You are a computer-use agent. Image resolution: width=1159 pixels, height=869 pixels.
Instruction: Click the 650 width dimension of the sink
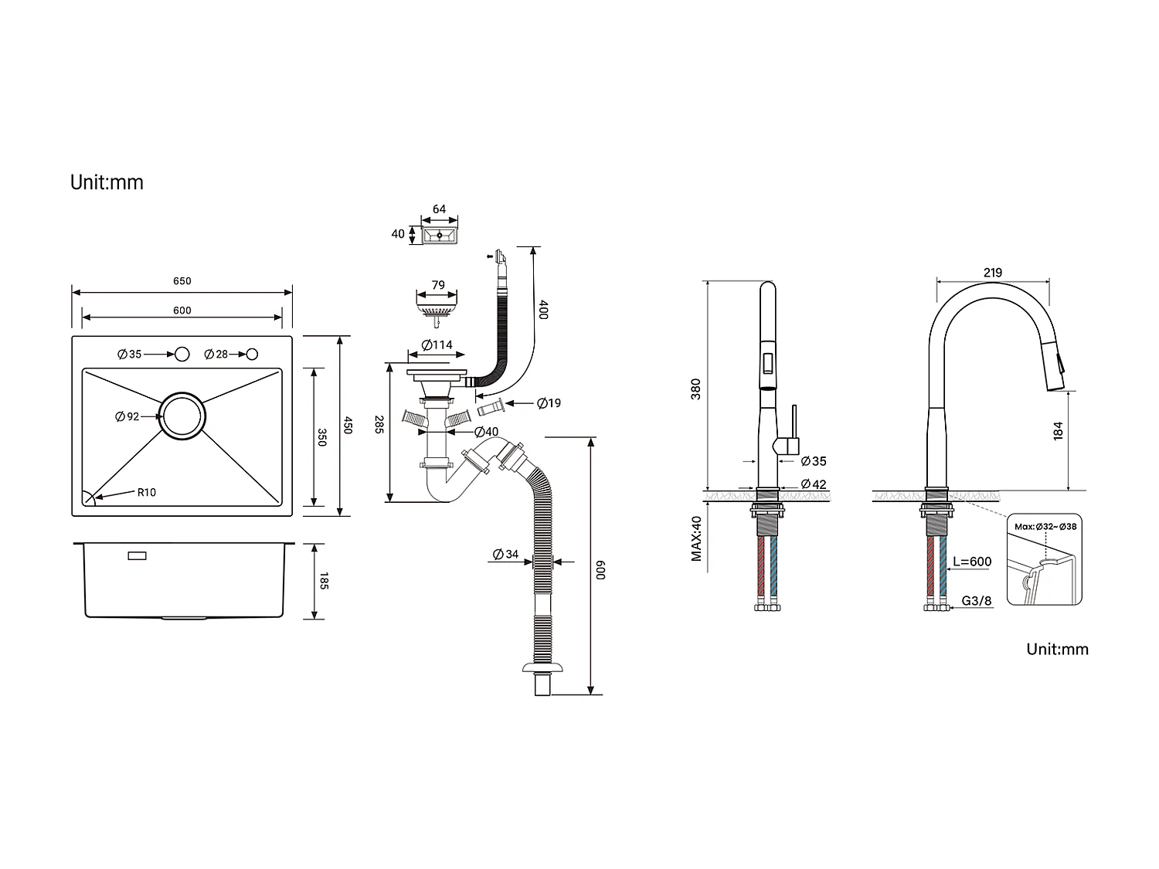point(182,281)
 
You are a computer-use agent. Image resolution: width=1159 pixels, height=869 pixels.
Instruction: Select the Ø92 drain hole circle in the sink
point(183,416)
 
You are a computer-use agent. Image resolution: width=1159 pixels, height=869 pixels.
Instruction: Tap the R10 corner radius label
point(146,492)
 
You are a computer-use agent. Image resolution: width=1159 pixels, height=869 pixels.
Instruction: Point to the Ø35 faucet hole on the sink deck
point(182,354)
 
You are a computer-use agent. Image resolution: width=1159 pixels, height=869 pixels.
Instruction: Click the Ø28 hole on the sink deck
point(252,354)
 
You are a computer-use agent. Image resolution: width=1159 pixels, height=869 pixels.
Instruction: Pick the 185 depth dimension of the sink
point(324,581)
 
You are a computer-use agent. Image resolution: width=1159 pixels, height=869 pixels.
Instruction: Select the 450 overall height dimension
point(348,426)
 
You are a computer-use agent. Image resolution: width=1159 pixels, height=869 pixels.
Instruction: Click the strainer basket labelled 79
point(437,310)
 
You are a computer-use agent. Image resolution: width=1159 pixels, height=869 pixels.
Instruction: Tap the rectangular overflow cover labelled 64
point(440,234)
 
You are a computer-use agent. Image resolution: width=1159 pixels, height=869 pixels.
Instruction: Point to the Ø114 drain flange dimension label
point(437,345)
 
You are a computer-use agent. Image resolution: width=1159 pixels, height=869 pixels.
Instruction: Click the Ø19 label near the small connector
point(549,403)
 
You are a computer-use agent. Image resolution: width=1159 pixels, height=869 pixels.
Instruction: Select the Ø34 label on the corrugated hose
point(506,554)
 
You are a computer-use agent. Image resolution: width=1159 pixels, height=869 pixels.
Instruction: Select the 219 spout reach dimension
point(993,273)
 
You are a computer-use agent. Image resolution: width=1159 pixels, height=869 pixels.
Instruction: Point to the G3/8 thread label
point(977,601)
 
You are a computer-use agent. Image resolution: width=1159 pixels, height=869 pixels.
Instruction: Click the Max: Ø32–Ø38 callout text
point(1045,527)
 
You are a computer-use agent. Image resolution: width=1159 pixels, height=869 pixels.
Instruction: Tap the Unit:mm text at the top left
point(107,182)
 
